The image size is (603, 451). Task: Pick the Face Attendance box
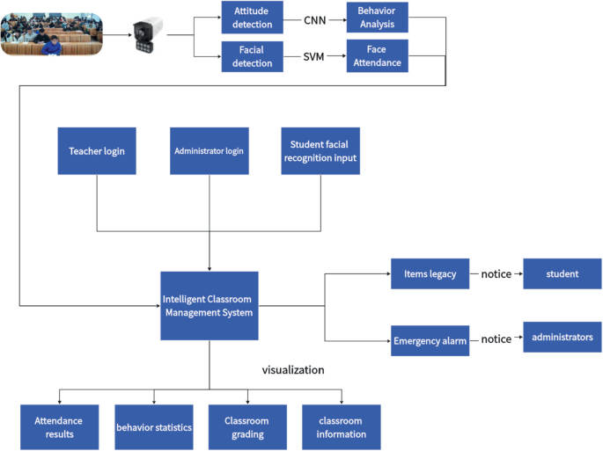coord(377,57)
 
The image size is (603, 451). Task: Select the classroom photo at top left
coord(51,30)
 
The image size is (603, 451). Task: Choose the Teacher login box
coord(97,150)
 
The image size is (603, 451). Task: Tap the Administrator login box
coord(209,150)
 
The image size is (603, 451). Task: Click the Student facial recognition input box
coord(320,150)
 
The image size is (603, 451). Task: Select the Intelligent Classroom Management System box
coord(209,305)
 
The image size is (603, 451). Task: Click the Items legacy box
coord(430,273)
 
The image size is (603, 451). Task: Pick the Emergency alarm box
coord(430,339)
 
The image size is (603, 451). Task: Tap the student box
coord(563,273)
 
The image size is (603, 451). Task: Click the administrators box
coord(563,337)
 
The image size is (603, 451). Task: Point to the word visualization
coord(293,369)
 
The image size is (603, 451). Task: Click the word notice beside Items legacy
coord(496,274)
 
